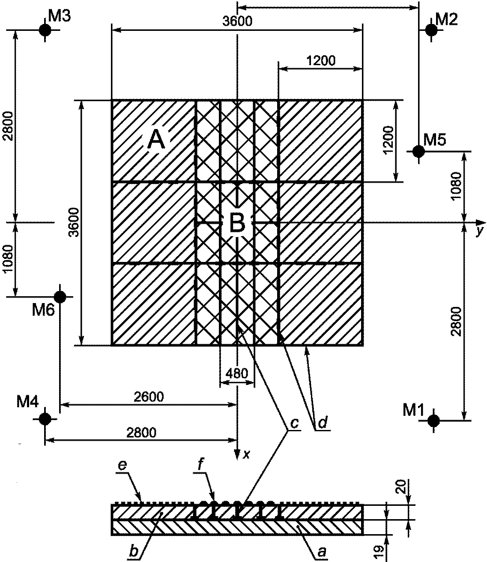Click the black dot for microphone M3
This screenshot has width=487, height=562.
(x=45, y=30)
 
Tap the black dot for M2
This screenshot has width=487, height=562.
(x=432, y=30)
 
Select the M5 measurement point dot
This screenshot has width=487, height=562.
(x=418, y=151)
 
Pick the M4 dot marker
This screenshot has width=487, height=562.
(x=45, y=419)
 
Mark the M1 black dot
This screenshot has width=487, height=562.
(x=434, y=421)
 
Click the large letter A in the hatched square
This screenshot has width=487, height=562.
(x=156, y=139)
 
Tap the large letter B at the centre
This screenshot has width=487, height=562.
(x=237, y=223)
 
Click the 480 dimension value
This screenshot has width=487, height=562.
(x=236, y=373)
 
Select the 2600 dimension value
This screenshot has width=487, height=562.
(x=149, y=397)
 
